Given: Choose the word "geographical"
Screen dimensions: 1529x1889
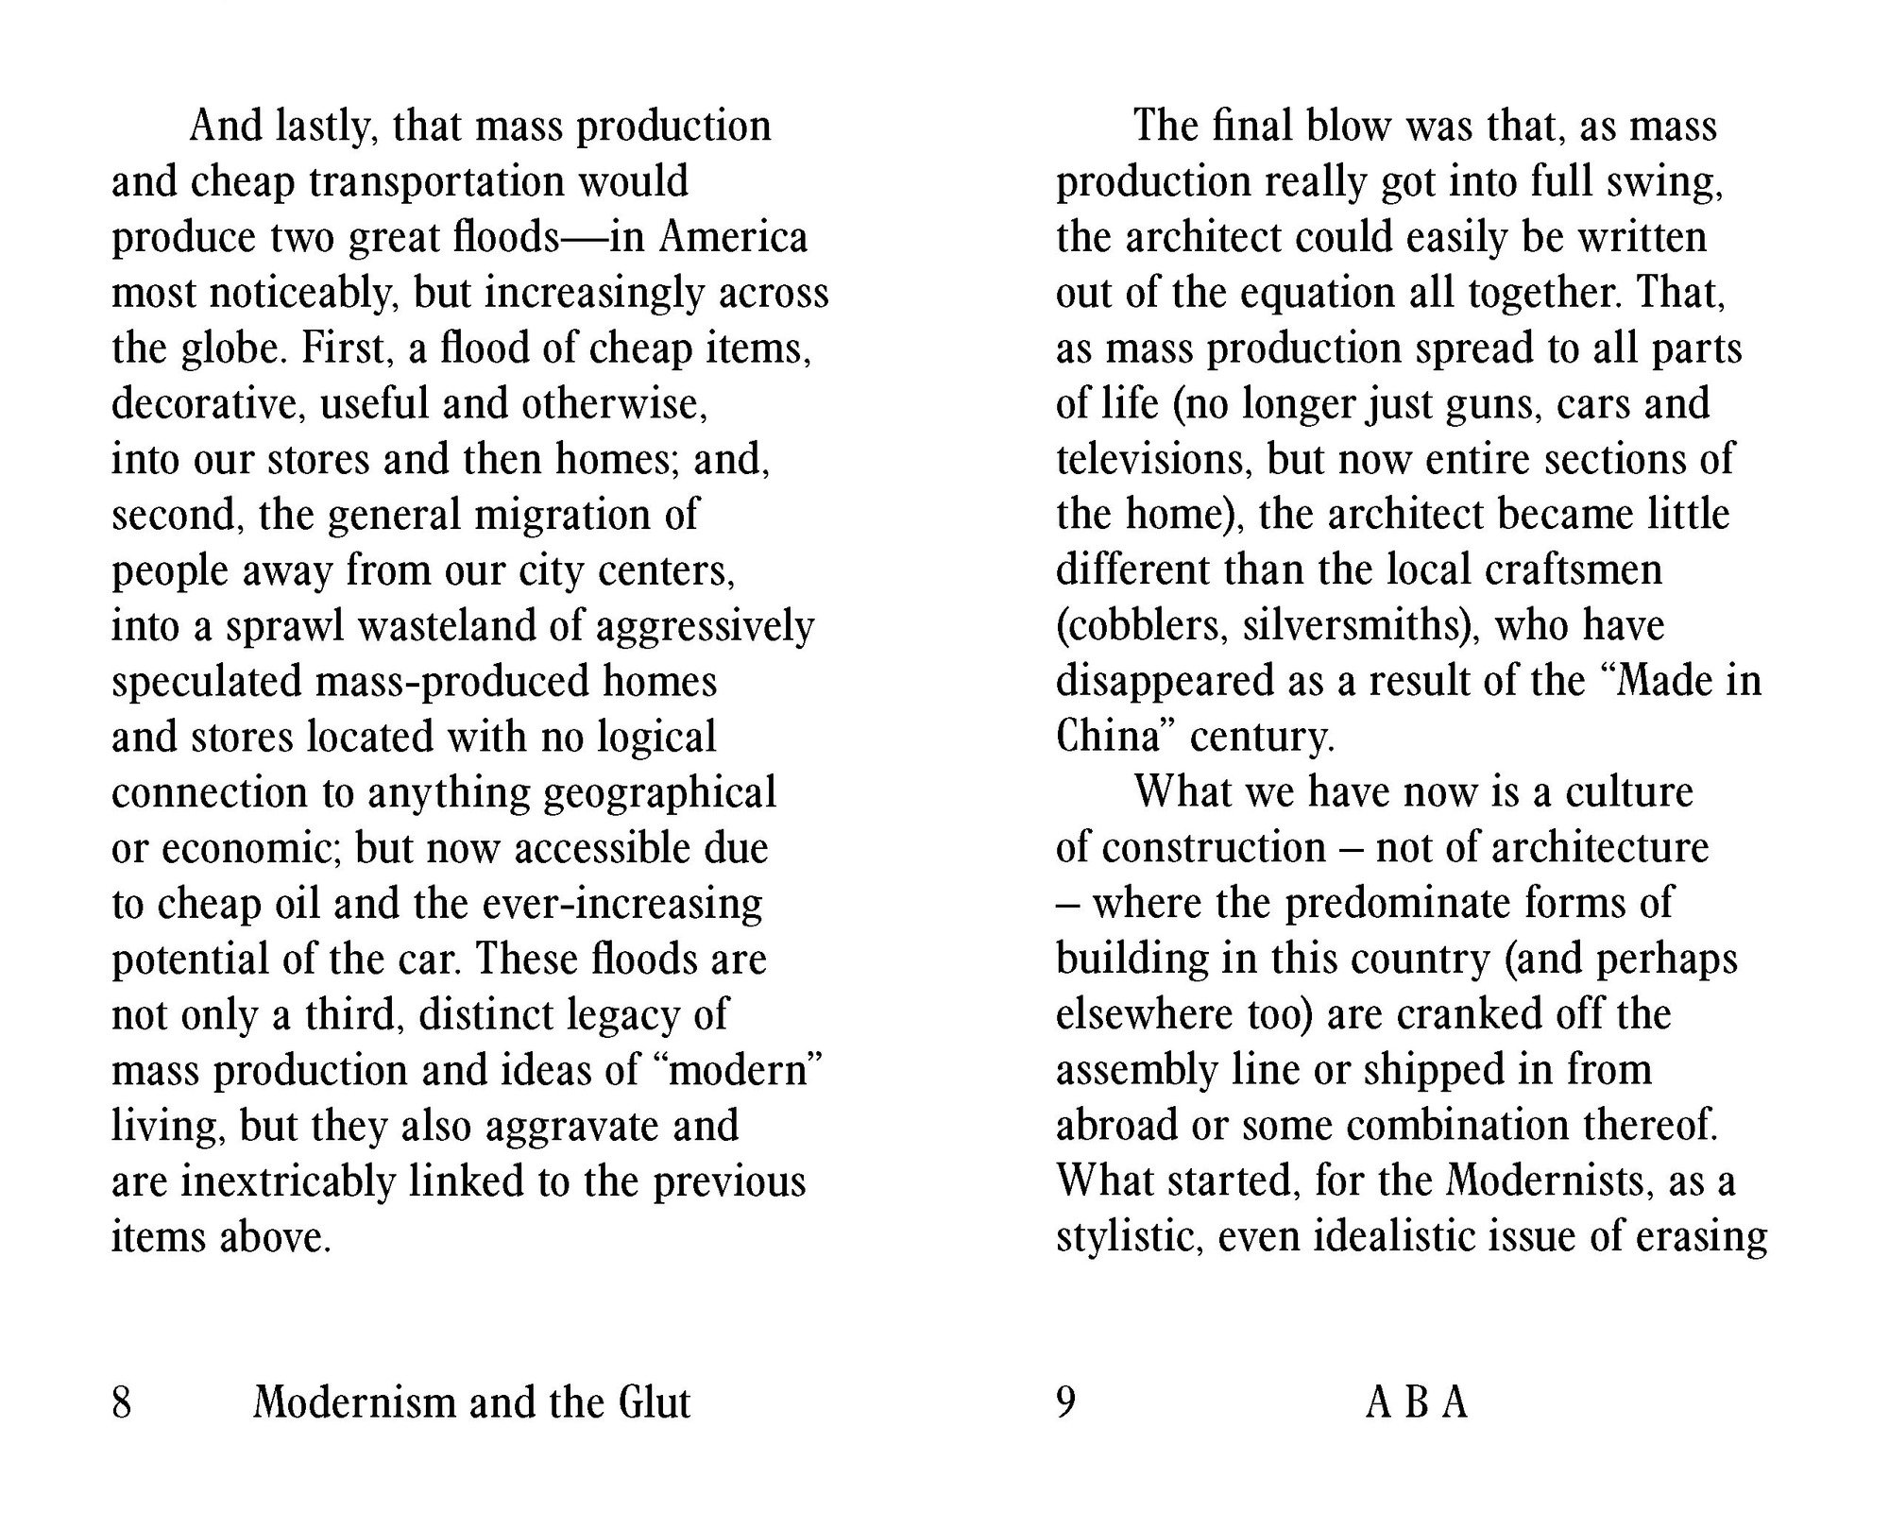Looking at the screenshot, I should point(660,793).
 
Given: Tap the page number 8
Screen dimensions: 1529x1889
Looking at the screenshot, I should point(122,1403).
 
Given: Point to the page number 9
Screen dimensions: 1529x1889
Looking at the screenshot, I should point(1065,1403).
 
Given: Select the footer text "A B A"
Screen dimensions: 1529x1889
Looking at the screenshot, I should point(1417,1403).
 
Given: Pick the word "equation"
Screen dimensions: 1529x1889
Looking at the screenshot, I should point(1318,294).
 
